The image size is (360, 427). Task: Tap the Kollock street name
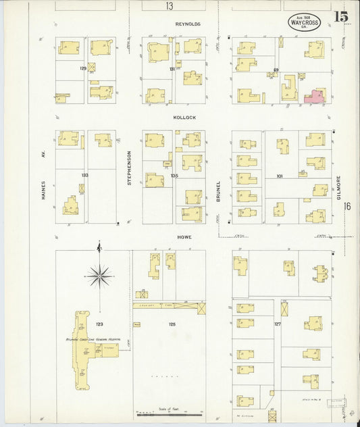coord(184,117)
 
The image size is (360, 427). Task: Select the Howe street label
coord(184,238)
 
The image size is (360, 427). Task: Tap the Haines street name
coord(43,190)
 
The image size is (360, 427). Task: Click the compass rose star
coord(99,275)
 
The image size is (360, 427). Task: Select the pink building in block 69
coord(315,97)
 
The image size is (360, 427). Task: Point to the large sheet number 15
coord(340,16)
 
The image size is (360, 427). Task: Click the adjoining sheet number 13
coord(168,6)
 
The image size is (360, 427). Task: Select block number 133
coord(84,175)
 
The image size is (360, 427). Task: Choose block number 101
coord(279,176)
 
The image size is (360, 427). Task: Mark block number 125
coord(172,325)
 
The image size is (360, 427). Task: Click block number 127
coord(278,324)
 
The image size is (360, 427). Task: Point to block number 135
coord(174,176)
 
